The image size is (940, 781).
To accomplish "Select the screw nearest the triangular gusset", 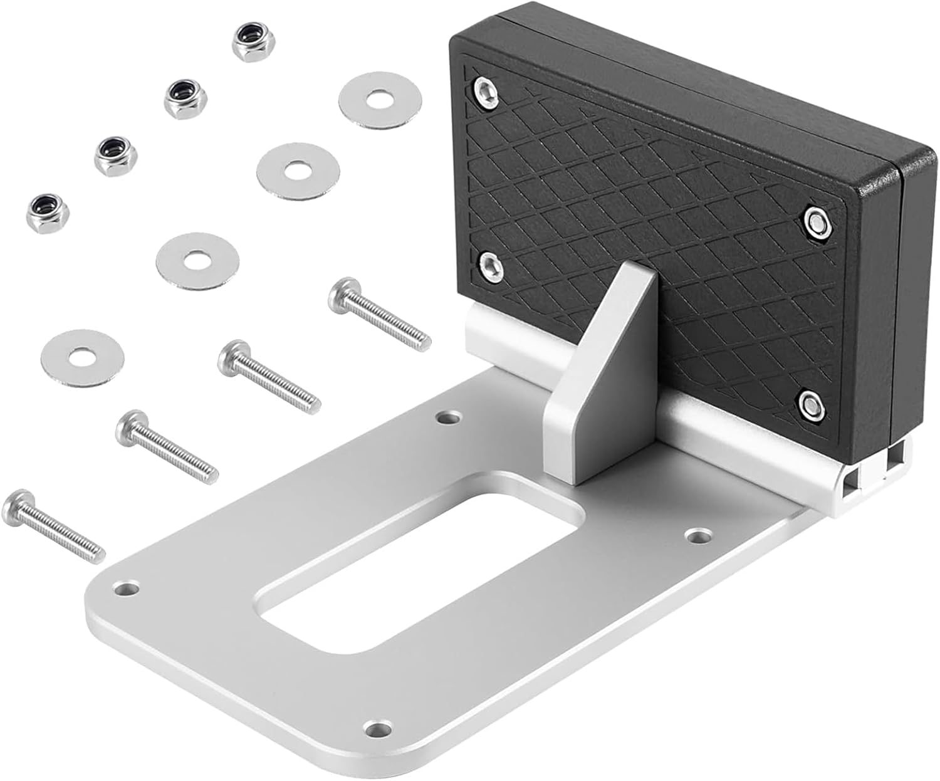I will pyautogui.click(x=379, y=314).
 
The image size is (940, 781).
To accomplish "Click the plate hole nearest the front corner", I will pyautogui.click(x=377, y=728).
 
